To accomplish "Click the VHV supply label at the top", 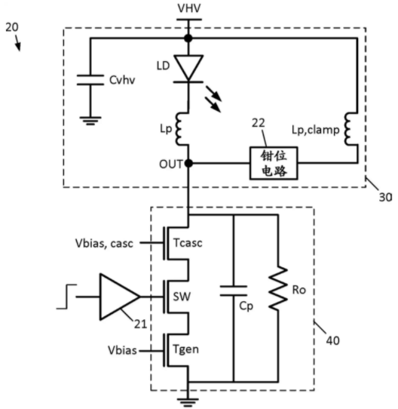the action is (x=189, y=8).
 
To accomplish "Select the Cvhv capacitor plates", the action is (x=90, y=80).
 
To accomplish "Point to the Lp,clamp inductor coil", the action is (x=351, y=129).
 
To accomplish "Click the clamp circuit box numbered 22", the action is (x=274, y=163).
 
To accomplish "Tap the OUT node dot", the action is (x=188, y=164).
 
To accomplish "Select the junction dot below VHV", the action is (x=188, y=38).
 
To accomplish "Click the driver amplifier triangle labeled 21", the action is (x=120, y=297).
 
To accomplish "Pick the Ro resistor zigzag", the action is (x=278, y=288).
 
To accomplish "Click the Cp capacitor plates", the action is (x=234, y=291).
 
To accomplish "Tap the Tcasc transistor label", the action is (x=188, y=243).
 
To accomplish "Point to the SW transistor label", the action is (x=182, y=297).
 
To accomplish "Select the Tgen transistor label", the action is (x=186, y=349).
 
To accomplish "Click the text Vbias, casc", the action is (x=104, y=244).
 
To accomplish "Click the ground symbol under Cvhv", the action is (x=90, y=121).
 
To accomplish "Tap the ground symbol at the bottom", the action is (x=188, y=402).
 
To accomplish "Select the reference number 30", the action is (x=385, y=197).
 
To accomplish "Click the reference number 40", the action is (x=333, y=340).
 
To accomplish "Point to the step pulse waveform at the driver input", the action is (x=66, y=297).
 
